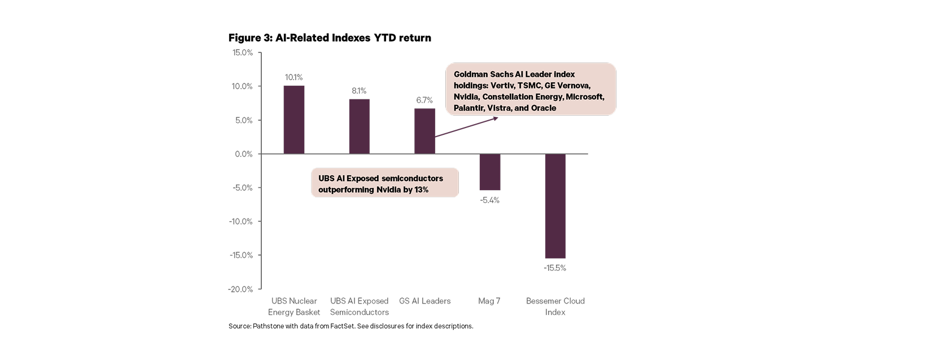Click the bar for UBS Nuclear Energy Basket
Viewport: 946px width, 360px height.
tap(294, 120)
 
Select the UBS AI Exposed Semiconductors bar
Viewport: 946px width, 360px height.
tap(359, 126)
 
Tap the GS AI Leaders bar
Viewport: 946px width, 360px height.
tap(424, 131)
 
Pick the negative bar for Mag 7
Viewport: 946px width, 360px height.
tap(490, 172)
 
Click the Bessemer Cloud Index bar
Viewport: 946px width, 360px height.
tap(555, 206)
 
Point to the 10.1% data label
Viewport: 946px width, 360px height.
tap(294, 77)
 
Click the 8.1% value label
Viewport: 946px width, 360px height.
tap(359, 91)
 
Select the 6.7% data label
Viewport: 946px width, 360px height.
tap(424, 100)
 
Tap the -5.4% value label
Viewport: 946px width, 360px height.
tap(490, 200)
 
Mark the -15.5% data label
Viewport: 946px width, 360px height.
tap(555, 268)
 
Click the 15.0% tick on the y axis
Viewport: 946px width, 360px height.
tap(243, 52)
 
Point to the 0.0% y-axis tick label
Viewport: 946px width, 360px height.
tap(244, 154)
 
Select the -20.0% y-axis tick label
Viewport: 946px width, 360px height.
tap(240, 289)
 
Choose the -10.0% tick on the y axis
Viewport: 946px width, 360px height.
tap(240, 222)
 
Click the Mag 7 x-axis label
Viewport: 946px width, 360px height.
tap(489, 301)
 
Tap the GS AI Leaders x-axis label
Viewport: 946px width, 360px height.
tap(424, 301)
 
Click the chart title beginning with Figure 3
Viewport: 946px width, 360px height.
tap(330, 38)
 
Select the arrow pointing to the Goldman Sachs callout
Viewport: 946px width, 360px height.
tap(466, 128)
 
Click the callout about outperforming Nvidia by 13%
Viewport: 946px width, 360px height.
tap(384, 184)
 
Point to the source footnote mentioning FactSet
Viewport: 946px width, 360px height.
tap(351, 326)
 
